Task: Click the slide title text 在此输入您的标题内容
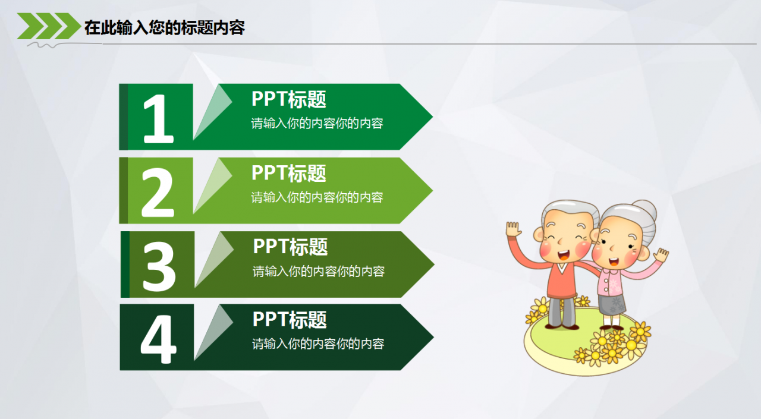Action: (x=164, y=28)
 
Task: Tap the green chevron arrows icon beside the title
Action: (x=49, y=26)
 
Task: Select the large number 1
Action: (x=158, y=119)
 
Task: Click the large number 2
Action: (x=158, y=192)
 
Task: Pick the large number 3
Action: (x=159, y=266)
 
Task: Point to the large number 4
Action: (x=158, y=339)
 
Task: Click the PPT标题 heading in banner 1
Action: (x=289, y=99)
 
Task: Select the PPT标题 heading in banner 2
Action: (x=289, y=173)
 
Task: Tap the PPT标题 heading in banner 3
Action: (x=290, y=247)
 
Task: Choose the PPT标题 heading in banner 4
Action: (x=290, y=320)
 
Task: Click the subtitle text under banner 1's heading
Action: (x=317, y=124)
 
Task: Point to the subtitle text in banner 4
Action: (x=318, y=344)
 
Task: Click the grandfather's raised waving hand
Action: (x=513, y=229)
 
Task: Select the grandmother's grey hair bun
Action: (x=646, y=210)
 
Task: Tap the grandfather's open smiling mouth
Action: (x=563, y=254)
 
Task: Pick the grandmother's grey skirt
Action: (x=612, y=305)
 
